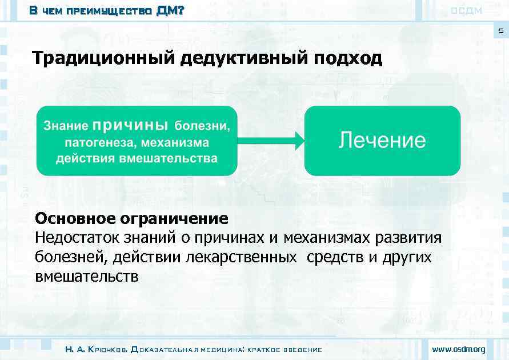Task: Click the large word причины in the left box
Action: pos(130,124)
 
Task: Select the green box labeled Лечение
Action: pos(382,141)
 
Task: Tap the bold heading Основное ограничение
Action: pos(131,219)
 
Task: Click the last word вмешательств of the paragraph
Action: pos(86,277)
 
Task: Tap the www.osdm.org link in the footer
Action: pos(459,349)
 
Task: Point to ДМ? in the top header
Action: pos(170,10)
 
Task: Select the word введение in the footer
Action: pos(302,349)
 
